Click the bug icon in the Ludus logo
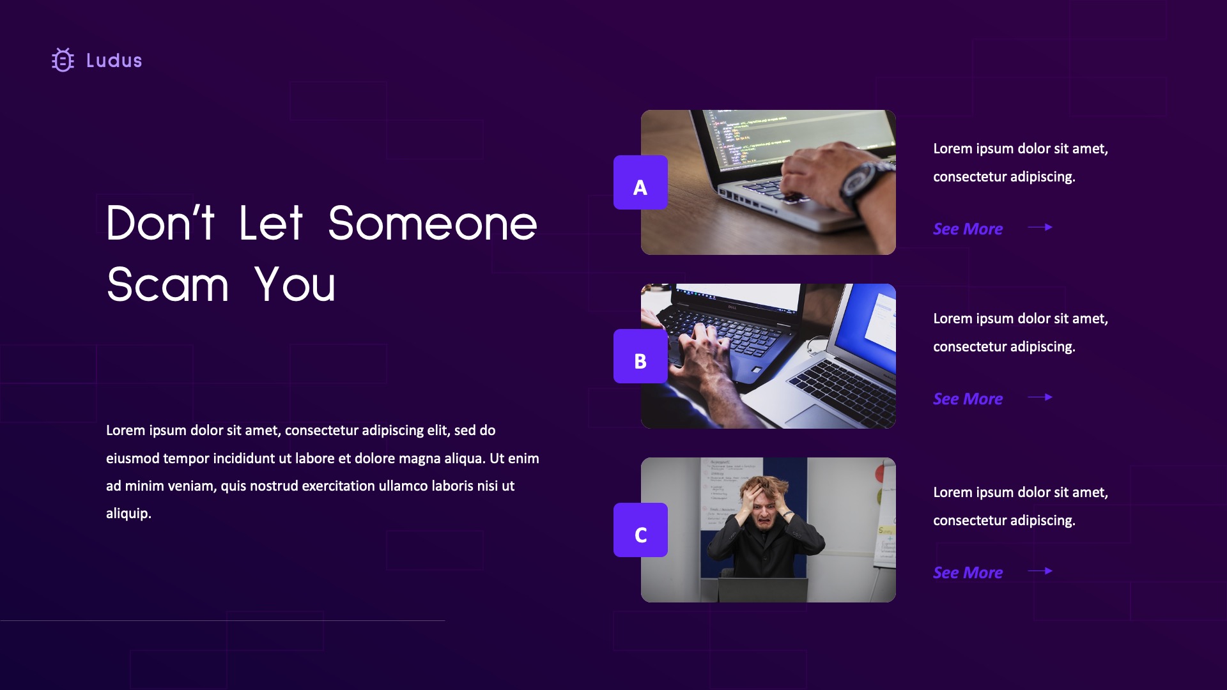coord(63,60)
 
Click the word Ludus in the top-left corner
coord(114,61)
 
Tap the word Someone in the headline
coord(432,224)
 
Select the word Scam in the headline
coord(167,285)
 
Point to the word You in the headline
coord(295,285)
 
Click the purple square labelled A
coord(640,183)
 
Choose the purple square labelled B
coord(640,356)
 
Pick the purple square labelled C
coord(640,530)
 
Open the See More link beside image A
coord(968,229)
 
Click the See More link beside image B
coord(968,399)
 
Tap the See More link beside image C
coord(968,572)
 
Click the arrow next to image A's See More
coord(1040,227)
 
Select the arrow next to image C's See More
coord(1040,571)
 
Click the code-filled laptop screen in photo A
coord(799,137)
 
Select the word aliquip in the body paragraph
coord(128,514)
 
